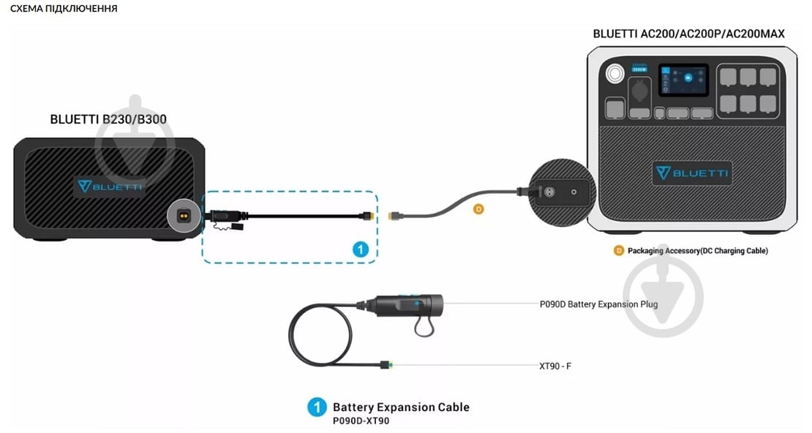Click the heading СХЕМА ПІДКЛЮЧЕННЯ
click(x=64, y=9)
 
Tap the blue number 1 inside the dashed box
click(x=359, y=249)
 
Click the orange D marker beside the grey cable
click(x=478, y=209)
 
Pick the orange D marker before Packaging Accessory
click(x=619, y=250)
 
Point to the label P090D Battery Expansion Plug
click(x=598, y=304)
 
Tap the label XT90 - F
click(x=555, y=365)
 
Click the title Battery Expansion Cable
click(x=401, y=407)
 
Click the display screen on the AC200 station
click(x=683, y=80)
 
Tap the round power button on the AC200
click(x=612, y=73)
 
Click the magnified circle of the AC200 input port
click(x=560, y=192)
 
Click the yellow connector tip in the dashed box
click(x=373, y=217)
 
